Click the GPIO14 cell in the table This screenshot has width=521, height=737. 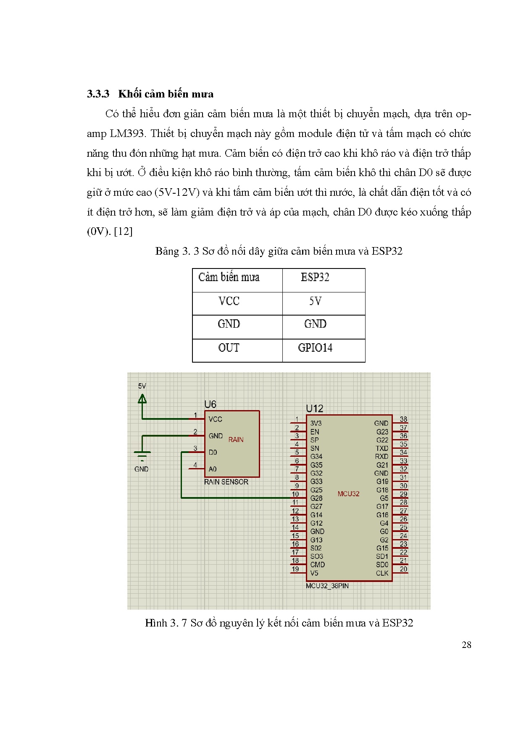pos(315,348)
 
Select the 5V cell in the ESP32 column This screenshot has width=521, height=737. pos(315,301)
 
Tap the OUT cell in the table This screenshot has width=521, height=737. pos(229,348)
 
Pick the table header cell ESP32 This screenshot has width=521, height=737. pos(315,277)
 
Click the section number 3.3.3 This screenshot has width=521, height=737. pos(98,94)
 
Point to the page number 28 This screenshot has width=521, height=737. pos(466,645)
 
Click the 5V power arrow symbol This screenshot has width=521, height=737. pos(142,398)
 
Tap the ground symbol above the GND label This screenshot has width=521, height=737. pos(142,455)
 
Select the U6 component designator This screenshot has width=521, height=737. pos(210,404)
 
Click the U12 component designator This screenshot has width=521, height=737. pos(314,408)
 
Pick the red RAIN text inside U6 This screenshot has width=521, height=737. pos(236,440)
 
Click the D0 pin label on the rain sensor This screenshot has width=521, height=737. pos(213,453)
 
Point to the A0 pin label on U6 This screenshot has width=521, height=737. pos(213,469)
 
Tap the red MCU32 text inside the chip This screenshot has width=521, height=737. pos(348,494)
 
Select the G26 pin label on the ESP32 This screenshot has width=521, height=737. pos(316,498)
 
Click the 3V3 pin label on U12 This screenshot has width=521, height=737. pos(316,423)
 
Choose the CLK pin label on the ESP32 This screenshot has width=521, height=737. pos(382,573)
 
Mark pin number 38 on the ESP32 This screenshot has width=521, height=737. pos(403,419)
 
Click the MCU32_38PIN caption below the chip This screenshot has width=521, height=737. pos(327,586)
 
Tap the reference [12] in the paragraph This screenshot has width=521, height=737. pos(123,232)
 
